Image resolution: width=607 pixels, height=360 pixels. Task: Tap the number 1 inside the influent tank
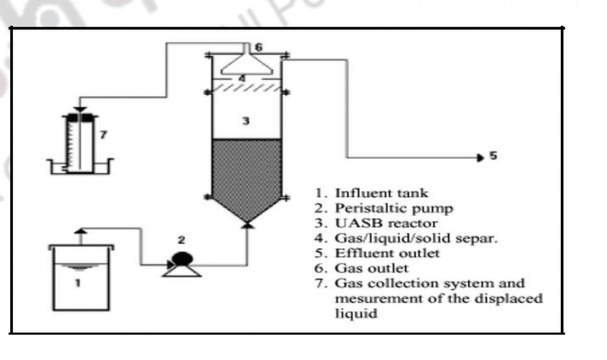[x=78, y=283]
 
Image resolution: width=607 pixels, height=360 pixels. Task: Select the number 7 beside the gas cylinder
[x=103, y=135]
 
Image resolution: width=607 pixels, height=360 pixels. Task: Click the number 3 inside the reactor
[x=245, y=122]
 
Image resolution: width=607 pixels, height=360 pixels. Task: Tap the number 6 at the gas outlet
[x=258, y=46]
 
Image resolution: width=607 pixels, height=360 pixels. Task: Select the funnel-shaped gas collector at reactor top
[x=247, y=62]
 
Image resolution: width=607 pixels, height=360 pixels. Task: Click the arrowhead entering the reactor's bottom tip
[x=247, y=225]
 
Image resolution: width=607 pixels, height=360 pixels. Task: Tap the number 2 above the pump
[x=182, y=240]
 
